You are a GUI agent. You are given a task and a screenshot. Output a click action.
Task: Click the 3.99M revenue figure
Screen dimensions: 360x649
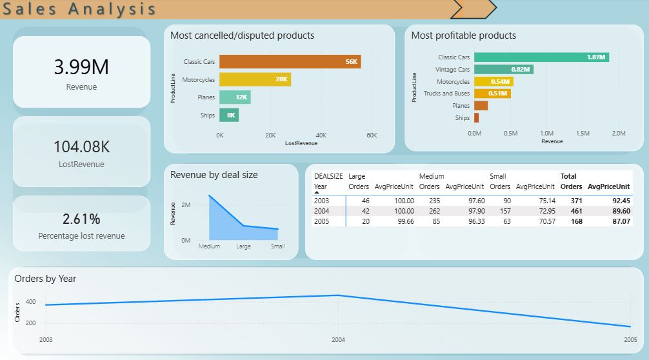81,67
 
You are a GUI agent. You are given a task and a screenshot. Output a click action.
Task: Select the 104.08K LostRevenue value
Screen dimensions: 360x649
81,146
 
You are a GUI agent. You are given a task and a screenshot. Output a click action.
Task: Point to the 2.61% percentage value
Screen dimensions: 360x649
81,219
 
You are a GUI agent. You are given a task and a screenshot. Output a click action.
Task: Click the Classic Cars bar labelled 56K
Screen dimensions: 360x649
290,62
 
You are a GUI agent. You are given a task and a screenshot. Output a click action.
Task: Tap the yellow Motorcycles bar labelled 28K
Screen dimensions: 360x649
255,79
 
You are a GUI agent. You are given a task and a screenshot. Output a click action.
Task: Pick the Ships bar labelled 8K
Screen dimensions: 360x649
229,115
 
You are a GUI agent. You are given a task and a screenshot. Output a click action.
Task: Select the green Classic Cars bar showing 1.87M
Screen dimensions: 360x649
541,57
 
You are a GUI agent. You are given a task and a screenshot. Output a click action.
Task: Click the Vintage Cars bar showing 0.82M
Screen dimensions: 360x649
503,69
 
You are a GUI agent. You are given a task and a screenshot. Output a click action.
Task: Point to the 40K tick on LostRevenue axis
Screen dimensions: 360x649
321,135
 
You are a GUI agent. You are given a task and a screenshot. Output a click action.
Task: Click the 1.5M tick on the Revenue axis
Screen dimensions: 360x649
583,134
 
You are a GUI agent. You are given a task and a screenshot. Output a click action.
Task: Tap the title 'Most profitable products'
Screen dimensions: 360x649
463,35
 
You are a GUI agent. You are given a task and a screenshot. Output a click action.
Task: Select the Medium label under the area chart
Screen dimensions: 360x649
209,246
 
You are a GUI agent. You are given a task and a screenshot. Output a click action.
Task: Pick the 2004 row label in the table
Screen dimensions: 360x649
321,211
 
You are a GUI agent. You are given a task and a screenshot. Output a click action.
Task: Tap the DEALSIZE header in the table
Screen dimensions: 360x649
328,176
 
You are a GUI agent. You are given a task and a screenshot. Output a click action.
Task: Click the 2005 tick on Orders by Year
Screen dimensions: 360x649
630,339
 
